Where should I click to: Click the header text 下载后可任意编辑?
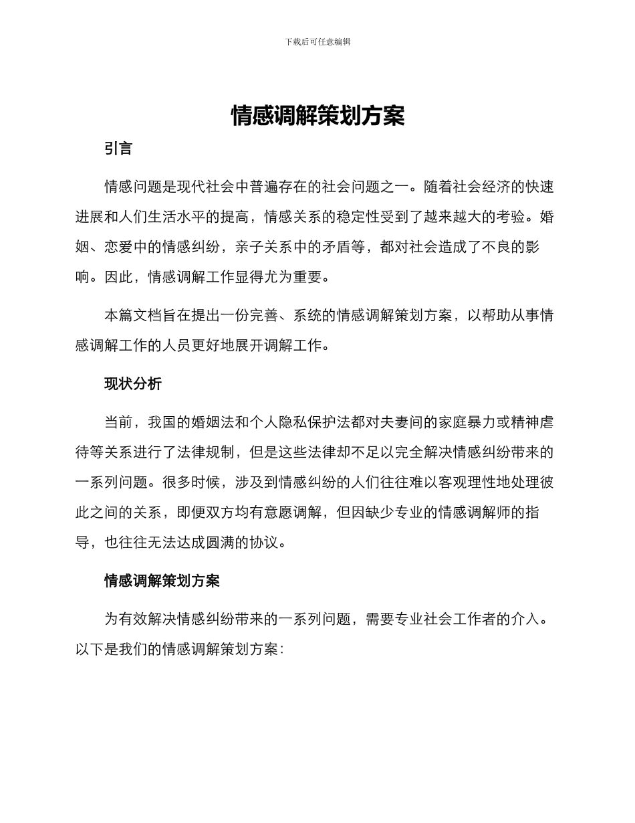[x=317, y=41]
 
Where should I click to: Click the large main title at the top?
[x=317, y=116]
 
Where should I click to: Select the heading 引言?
[x=118, y=149]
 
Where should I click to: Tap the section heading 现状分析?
[x=133, y=383]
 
